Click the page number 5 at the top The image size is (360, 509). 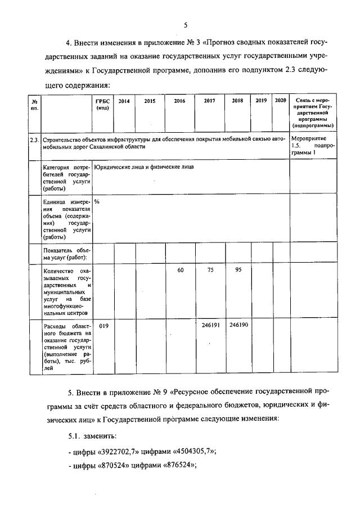pos(184,24)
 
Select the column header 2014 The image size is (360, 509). pos(124,101)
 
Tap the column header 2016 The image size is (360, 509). pos(179,101)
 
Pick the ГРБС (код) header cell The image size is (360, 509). pos(102,104)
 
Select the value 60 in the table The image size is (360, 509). pos(181,271)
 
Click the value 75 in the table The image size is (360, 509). pos(210,271)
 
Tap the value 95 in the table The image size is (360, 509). pos(238,271)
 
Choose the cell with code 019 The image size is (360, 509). pos(103,326)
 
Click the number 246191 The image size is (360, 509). pos(210,326)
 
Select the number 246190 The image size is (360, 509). pos(238,326)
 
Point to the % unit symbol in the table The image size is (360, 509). pos(97,201)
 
